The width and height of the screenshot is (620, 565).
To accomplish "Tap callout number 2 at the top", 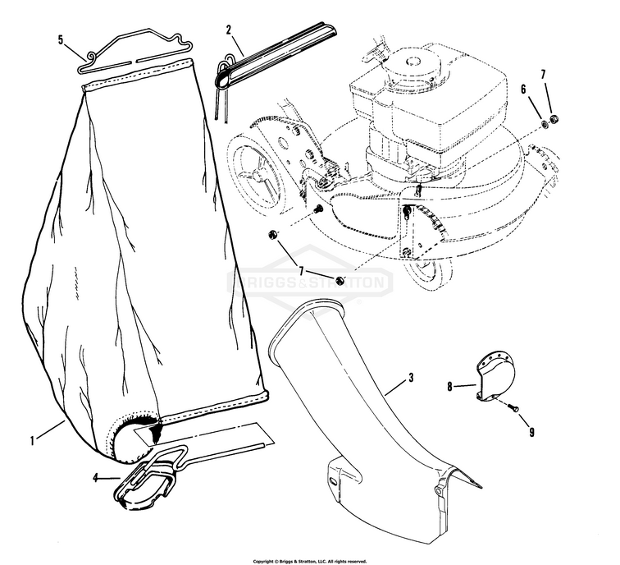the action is coord(229,29).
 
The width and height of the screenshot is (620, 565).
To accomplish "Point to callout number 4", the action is coord(95,477).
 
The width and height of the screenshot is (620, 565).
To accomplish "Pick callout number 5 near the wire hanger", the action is coord(60,39).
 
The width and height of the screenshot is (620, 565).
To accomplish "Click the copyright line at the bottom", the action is coord(309,561).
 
